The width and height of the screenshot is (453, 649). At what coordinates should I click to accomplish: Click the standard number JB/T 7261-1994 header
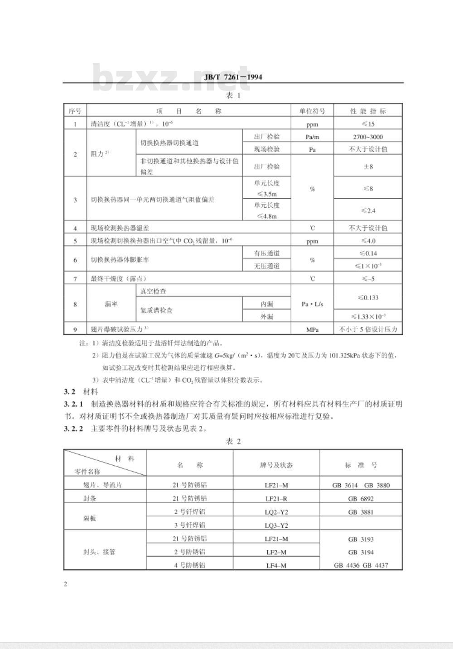233,77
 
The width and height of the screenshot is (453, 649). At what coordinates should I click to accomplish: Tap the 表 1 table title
233,95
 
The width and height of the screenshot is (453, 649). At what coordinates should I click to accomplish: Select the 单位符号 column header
312,111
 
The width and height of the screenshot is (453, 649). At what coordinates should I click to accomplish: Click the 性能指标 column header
368,111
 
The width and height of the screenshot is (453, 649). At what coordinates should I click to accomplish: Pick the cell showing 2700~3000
368,137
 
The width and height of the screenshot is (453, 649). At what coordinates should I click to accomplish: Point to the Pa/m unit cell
312,137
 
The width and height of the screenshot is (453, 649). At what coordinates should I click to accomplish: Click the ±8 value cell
368,166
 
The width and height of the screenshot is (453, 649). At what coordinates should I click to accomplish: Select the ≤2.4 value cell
368,210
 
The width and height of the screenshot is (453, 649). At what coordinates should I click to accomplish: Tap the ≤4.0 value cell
368,241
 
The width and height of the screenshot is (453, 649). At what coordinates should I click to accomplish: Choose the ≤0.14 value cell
368,253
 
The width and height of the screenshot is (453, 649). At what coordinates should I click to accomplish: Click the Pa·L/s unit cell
312,304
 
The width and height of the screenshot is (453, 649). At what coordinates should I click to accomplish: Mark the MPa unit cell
312,329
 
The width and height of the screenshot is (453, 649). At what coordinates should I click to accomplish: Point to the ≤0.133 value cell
368,297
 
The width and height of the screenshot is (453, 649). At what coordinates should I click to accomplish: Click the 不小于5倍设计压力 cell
368,329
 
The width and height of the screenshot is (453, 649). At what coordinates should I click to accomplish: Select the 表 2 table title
233,441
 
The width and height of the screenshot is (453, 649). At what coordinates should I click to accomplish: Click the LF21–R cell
276,499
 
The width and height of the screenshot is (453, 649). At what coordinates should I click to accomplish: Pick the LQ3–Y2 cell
276,525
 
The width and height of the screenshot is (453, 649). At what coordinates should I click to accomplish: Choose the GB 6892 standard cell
361,499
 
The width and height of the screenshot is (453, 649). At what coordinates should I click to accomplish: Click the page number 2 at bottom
65,584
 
